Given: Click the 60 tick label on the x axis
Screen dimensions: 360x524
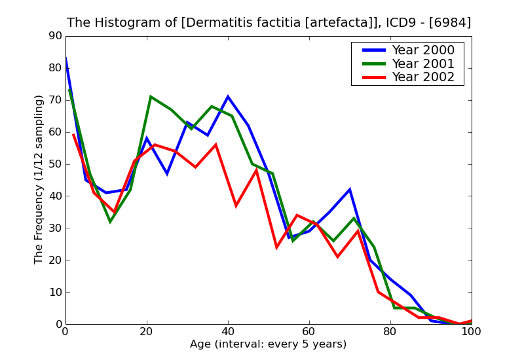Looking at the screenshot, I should pyautogui.click(x=309, y=332).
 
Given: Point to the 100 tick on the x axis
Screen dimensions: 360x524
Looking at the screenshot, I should pyautogui.click(x=471, y=332).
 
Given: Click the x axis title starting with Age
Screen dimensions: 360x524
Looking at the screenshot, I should pyautogui.click(x=268, y=344).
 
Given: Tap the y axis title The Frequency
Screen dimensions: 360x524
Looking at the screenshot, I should pyautogui.click(x=39, y=179).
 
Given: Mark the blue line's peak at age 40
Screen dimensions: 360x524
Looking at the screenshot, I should pyautogui.click(x=228, y=97).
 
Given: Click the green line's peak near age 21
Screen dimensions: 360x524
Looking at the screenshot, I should pyautogui.click(x=151, y=97).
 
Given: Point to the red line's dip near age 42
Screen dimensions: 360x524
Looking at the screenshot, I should pyautogui.click(x=236, y=206).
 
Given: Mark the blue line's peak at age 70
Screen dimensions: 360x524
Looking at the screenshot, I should pyautogui.click(x=350, y=190).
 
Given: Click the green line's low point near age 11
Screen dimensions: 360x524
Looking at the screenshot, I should pyautogui.click(x=110, y=222).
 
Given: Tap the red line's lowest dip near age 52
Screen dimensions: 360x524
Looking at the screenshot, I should pyautogui.click(x=276, y=247).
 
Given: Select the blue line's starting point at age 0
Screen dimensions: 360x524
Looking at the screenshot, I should pyautogui.click(x=65, y=59).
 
